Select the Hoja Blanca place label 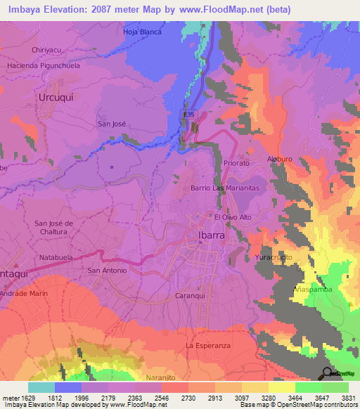[142, 32]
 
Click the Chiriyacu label [48, 51]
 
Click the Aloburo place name [278, 159]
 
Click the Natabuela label [57, 257]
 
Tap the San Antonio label [106, 270]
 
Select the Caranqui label [189, 297]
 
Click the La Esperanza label [208, 346]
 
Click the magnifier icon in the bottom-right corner [326, 374]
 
